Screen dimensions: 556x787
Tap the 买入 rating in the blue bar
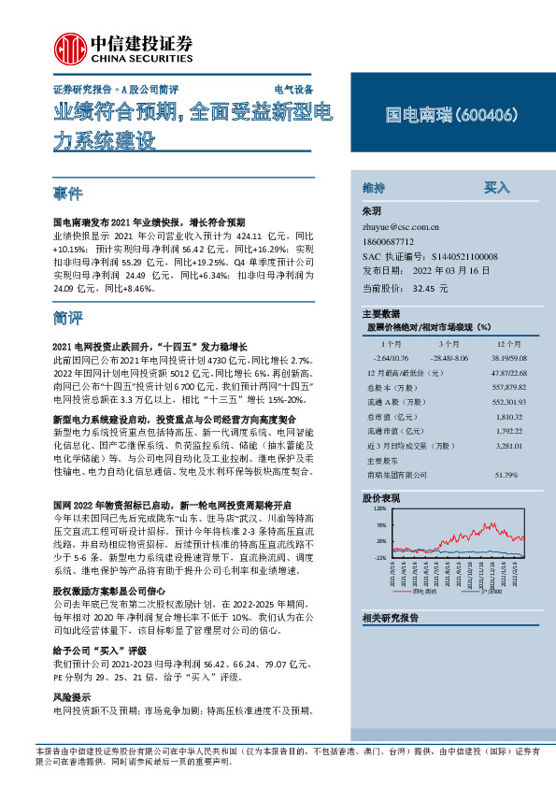click(496, 188)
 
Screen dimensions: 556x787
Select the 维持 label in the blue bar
click(374, 188)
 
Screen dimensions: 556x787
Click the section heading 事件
click(68, 194)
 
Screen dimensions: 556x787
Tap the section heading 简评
click(68, 319)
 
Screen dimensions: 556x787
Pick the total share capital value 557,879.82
click(498, 387)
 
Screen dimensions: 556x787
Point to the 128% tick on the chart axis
click(379, 510)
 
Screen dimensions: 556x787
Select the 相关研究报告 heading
click(390, 618)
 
